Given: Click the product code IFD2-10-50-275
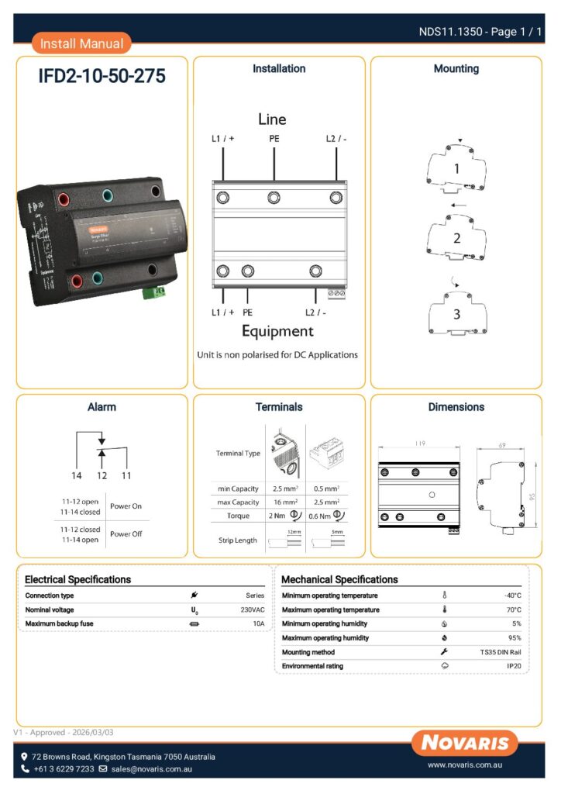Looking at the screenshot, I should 102,77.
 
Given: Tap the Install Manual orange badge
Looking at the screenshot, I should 81,43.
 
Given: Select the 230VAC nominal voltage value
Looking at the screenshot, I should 253,609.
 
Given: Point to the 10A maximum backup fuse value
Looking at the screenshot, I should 258,623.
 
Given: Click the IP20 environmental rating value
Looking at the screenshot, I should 514,666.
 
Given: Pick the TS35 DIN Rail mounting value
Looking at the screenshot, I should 501,652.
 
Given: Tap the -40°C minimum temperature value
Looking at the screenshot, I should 512,595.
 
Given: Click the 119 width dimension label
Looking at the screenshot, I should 418,444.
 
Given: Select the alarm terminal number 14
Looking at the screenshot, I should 77,475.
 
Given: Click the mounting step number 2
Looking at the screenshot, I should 456,239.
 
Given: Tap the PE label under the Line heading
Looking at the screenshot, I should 274,139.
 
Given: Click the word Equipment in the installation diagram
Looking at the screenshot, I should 277,331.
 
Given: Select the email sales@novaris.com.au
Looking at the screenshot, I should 151,769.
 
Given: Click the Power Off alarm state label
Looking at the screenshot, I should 126,533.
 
